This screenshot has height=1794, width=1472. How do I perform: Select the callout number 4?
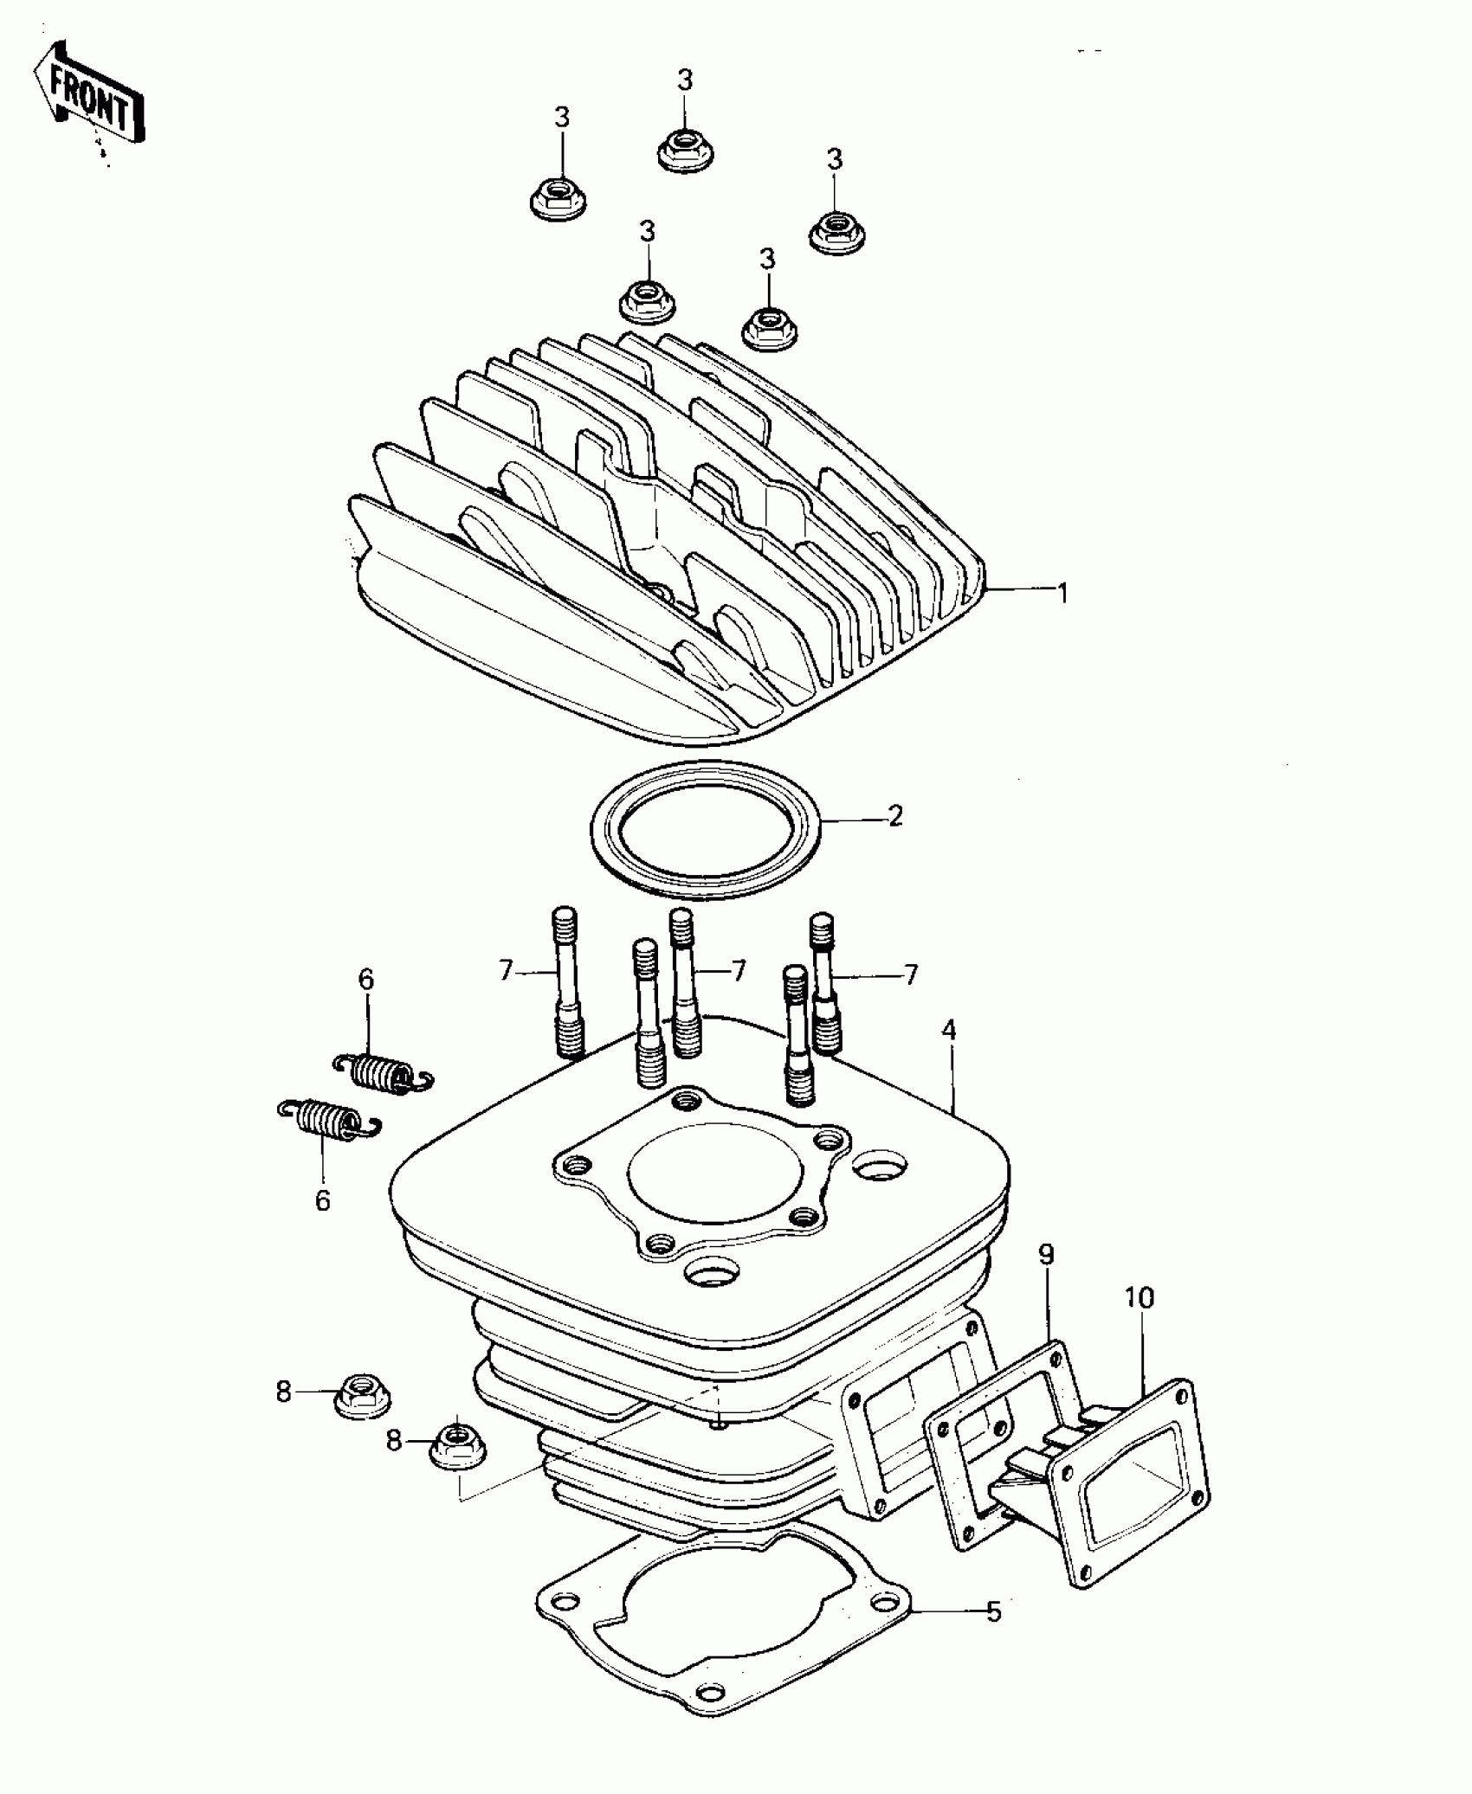950,1030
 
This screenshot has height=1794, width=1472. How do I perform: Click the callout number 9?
1046,1255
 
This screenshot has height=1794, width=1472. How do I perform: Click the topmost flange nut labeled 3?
684,151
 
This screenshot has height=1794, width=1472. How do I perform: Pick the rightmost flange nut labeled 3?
837,232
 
